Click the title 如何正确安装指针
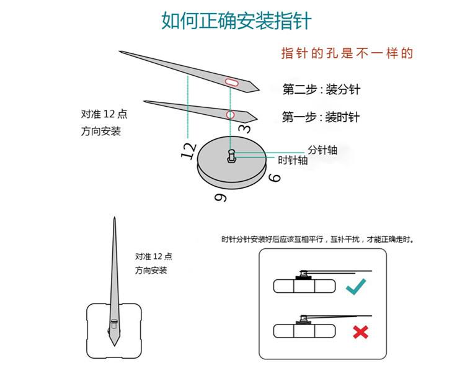pos(236,20)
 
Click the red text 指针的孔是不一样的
pos(347,53)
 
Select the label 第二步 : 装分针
pos(321,89)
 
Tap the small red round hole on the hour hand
pos(230,114)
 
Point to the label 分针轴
pos(323,150)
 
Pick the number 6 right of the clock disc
pos(274,178)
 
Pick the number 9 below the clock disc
pos(220,197)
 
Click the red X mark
pos(360,332)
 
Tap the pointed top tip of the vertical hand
pos(115,218)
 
